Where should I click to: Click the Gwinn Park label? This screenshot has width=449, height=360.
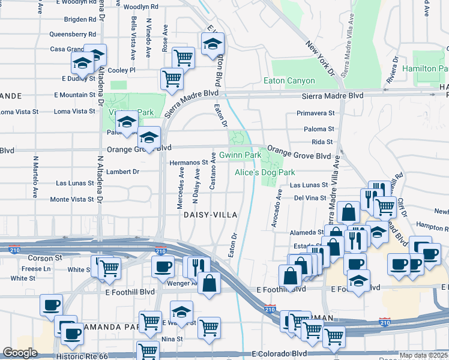click(240, 155)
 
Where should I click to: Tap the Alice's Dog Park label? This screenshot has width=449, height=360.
click(265, 172)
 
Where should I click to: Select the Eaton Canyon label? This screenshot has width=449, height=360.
click(289, 81)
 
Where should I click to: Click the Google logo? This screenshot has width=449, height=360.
click(20, 353)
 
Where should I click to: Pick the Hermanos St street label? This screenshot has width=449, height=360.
click(188, 162)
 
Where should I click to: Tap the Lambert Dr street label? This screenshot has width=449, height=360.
click(122, 172)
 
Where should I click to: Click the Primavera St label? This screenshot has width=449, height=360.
click(315, 113)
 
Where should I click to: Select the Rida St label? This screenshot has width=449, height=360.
click(322, 142)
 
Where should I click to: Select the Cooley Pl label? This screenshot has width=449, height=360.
click(122, 70)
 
